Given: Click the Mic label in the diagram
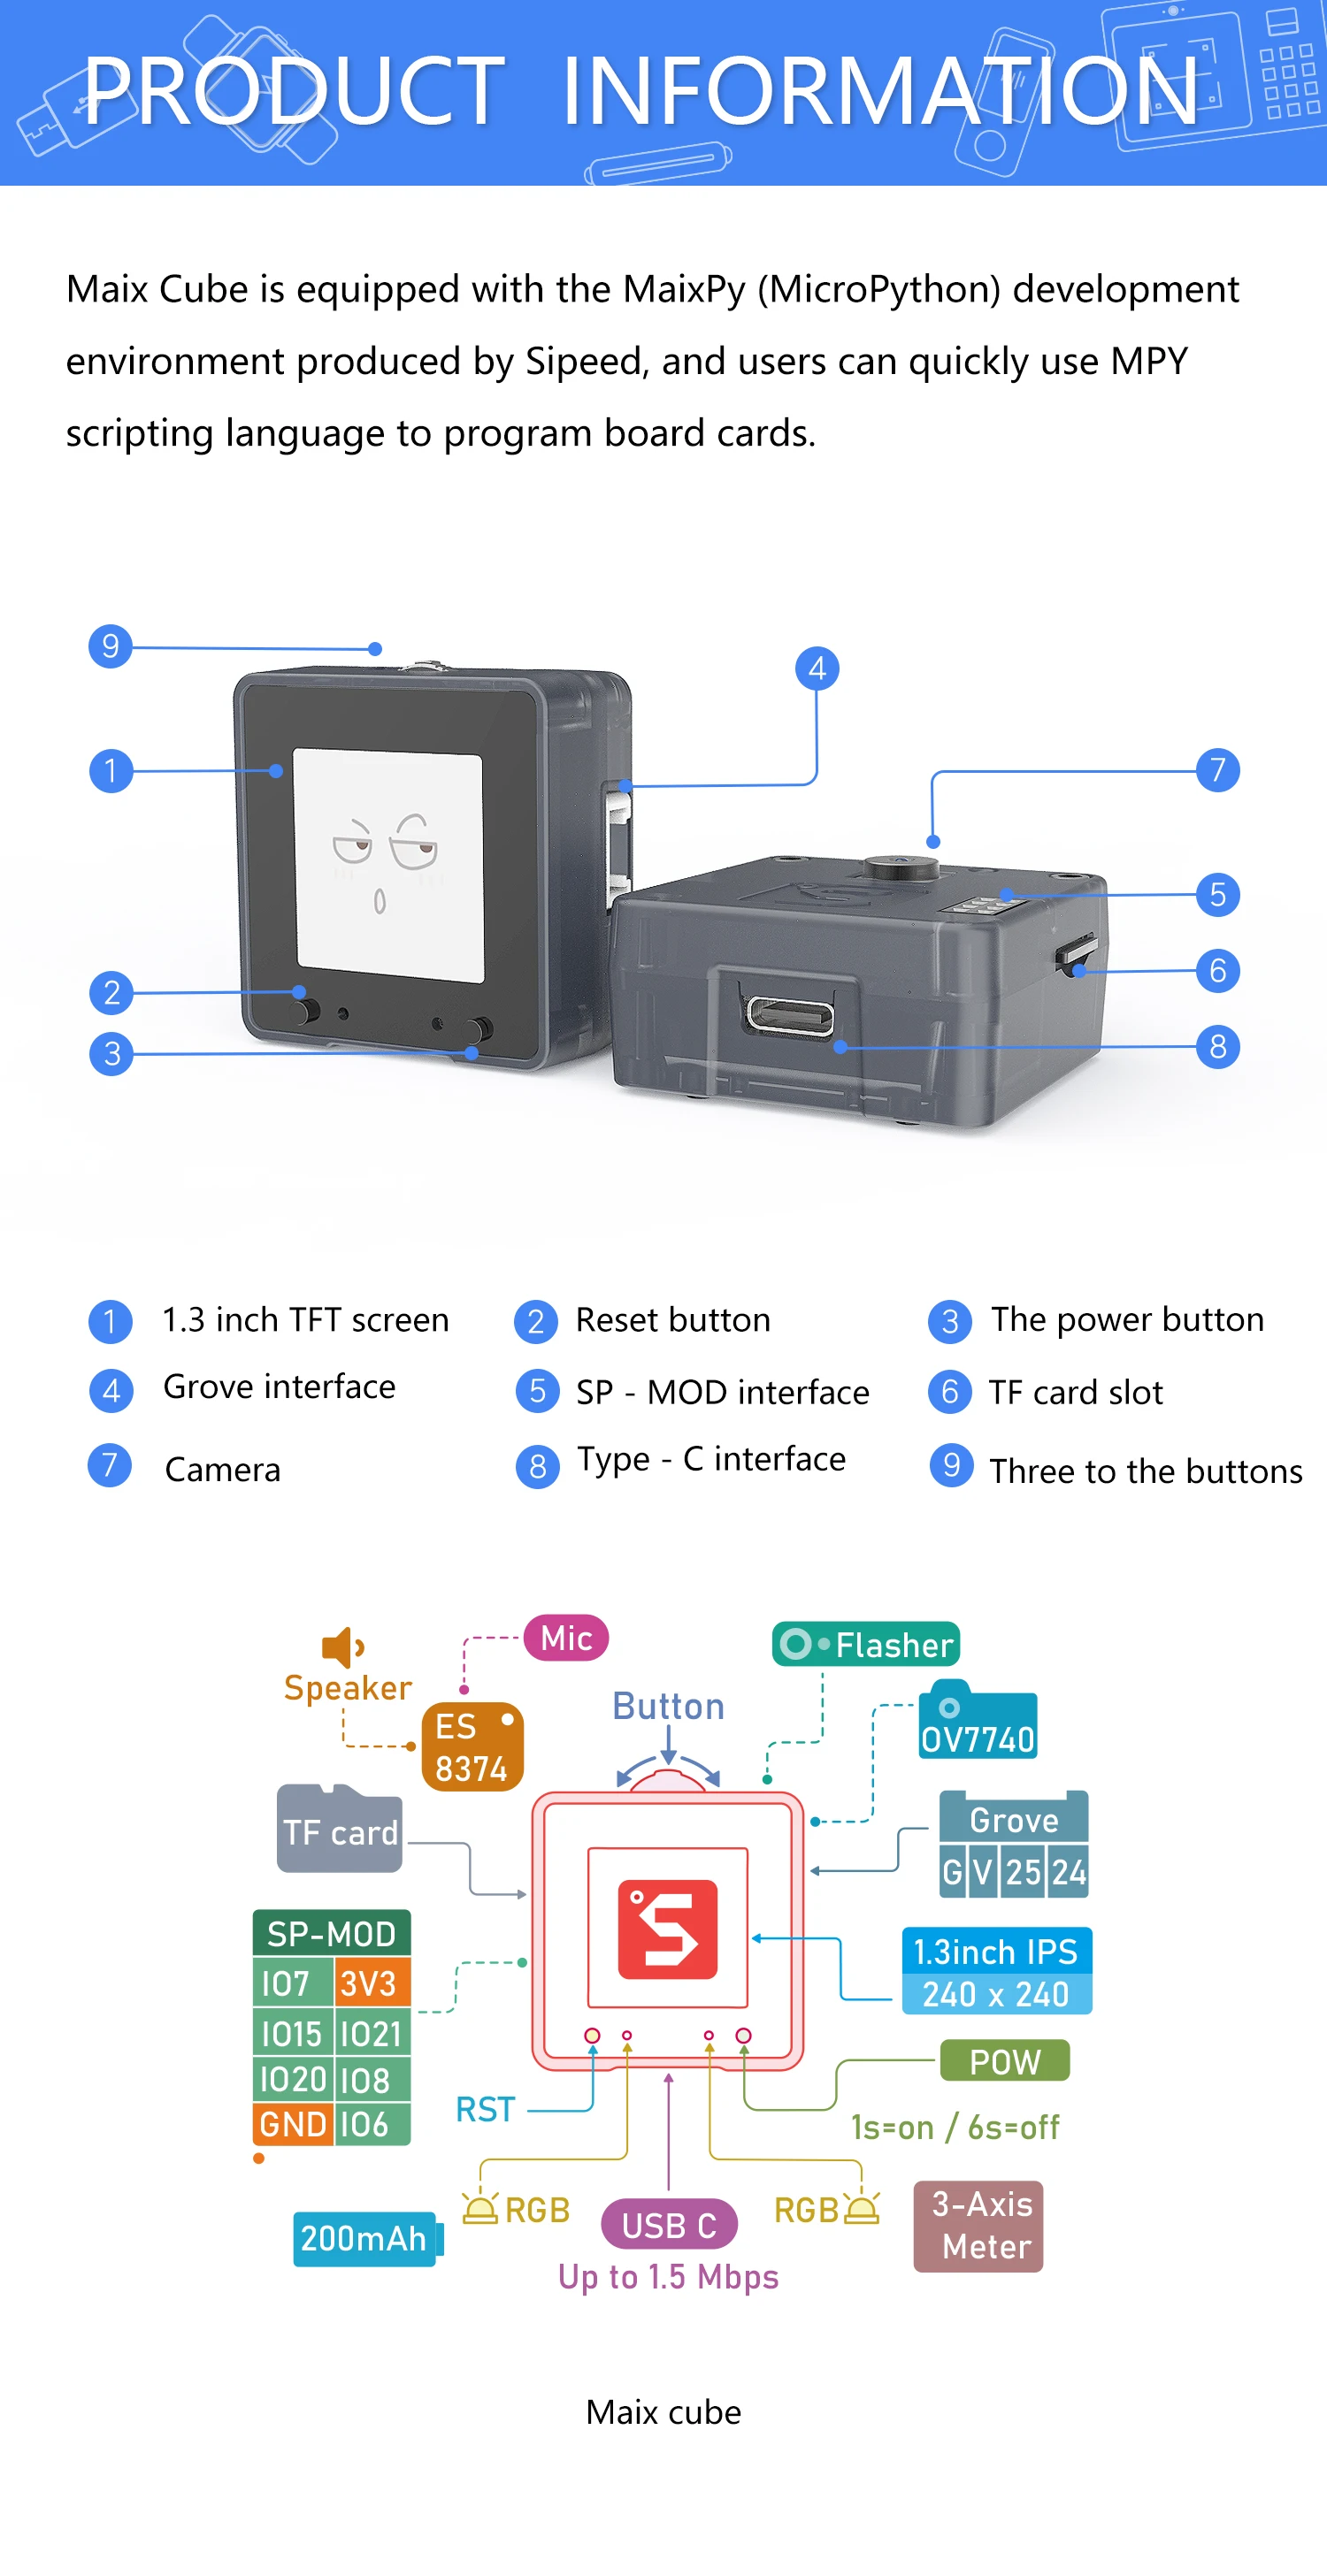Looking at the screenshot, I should (x=566, y=1638).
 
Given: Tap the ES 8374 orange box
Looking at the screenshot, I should (x=472, y=1746).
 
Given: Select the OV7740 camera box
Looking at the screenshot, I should (x=978, y=1723).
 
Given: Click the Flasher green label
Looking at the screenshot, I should (x=866, y=1645).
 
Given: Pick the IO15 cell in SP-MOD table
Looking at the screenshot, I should (x=291, y=2034).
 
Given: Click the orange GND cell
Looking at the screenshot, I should (x=292, y=2124).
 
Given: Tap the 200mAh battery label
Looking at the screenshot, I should (x=364, y=2238).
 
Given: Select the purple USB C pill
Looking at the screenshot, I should (x=669, y=2225).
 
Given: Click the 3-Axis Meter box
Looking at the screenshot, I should (x=978, y=2225).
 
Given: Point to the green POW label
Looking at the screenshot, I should (x=1004, y=2061).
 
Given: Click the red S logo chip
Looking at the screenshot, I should (x=667, y=1928).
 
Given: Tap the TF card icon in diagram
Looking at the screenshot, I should (x=339, y=1830).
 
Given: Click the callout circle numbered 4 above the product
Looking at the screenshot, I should (x=817, y=669).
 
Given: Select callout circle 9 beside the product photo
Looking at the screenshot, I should (x=110, y=646).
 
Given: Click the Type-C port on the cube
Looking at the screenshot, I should (x=790, y=1014).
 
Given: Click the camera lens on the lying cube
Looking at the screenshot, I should (x=900, y=867).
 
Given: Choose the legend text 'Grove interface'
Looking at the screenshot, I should (x=279, y=1386).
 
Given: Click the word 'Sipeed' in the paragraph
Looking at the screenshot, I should (x=585, y=362).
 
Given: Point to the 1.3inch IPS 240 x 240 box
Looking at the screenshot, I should (x=996, y=1970).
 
